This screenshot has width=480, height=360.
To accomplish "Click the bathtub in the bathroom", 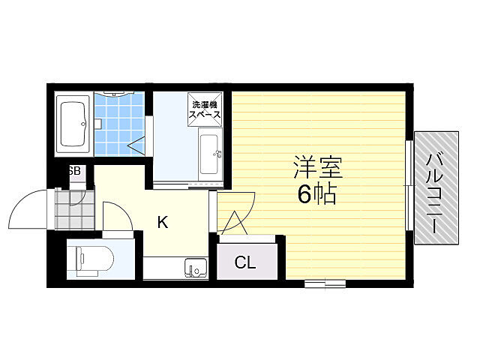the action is point(73,124).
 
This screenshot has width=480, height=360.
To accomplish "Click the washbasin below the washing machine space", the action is point(210,154).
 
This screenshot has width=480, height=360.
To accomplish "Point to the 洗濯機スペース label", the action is point(205,109).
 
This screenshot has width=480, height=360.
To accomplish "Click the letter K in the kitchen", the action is point(163,222).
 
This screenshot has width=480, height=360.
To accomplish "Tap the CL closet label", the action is point(245,262).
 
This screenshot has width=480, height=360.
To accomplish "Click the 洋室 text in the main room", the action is point(318,167).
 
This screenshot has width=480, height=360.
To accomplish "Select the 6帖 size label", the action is point(317,193).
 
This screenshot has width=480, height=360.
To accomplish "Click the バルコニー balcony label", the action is point(436,193).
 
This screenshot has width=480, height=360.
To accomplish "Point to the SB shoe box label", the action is point(74,170).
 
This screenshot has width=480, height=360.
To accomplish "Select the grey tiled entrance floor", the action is point(75,209).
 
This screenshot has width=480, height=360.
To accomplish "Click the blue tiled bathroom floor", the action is point(119,124).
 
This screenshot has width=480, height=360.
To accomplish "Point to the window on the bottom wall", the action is point(325,283).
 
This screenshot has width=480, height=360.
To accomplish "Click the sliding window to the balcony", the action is point(409,185).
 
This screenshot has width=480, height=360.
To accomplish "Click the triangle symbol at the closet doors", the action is point(235,223).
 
